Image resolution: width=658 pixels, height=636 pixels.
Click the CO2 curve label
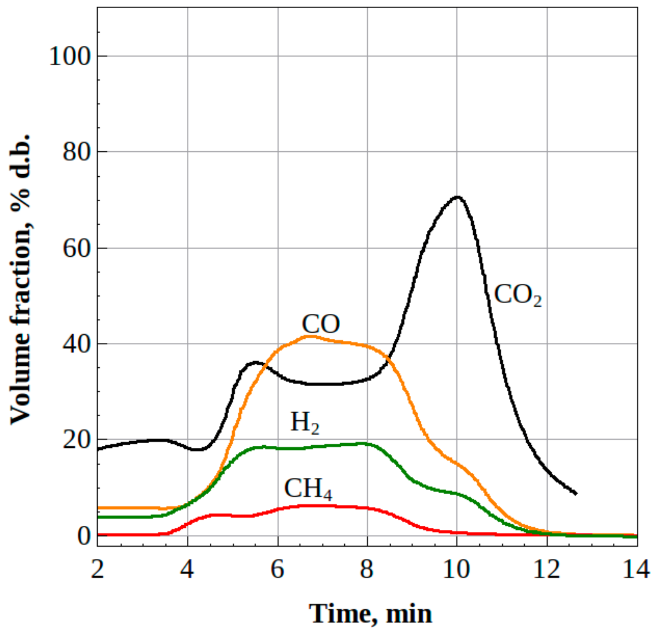pos(517,295)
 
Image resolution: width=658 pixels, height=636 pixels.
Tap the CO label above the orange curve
pos(321,324)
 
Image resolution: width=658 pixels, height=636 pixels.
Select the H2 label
pos(305,422)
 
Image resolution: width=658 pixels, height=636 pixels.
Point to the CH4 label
pos(308,488)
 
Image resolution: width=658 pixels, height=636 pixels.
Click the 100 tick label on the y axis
pos(69,56)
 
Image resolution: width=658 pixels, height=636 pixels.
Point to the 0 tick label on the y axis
pos(84,536)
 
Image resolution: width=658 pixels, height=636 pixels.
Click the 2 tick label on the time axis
pos(97,569)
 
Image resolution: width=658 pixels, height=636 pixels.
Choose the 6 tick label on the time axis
pos(277,569)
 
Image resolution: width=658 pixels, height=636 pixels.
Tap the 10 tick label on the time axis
pos(456,569)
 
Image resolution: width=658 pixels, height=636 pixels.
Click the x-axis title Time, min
pos(370,614)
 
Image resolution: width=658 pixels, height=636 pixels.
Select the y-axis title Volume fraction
pos(21,279)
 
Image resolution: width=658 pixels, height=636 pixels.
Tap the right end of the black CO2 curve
pos(575,493)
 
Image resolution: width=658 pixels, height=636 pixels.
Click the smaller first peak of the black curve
pos(255,362)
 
